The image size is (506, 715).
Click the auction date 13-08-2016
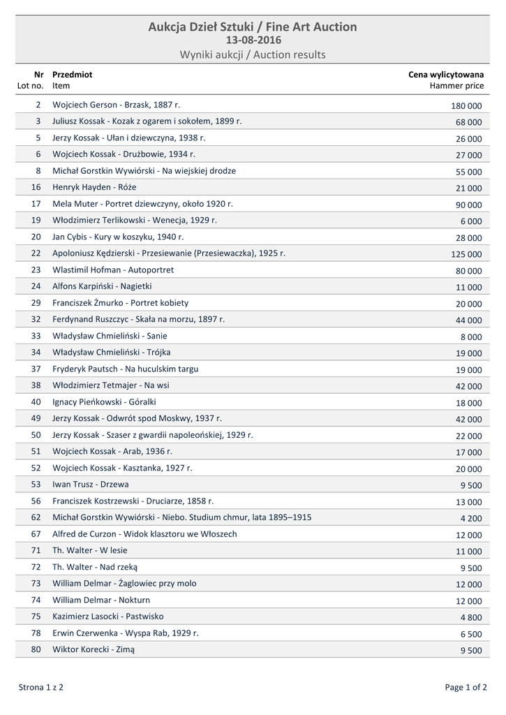pyautogui.click(x=253, y=40)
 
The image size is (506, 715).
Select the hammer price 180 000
pyautogui.click(x=466, y=106)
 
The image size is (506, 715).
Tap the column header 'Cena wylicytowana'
pyautogui.click(x=446, y=74)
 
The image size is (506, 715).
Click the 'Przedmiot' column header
pyautogui.click(x=72, y=74)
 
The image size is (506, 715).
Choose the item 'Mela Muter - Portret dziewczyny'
pyautogui.click(x=142, y=204)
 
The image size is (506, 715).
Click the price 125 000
pyautogui.click(x=466, y=255)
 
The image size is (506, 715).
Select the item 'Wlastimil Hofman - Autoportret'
pyautogui.click(x=113, y=270)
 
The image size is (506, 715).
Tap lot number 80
pyautogui.click(x=36, y=650)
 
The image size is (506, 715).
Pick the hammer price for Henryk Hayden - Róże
pyautogui.click(x=468, y=189)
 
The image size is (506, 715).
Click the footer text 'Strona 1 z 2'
pyautogui.click(x=40, y=688)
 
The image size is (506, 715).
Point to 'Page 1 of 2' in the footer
pyautogui.click(x=466, y=688)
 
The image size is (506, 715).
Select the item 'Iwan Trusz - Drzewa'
pyautogui.click(x=91, y=485)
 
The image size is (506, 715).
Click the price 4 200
pyautogui.click(x=470, y=519)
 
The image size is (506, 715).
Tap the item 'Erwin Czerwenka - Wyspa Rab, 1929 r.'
pyautogui.click(x=126, y=633)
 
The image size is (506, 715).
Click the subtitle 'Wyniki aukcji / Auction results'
pyautogui.click(x=253, y=55)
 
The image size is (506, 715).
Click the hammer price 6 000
pyautogui.click(x=470, y=221)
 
